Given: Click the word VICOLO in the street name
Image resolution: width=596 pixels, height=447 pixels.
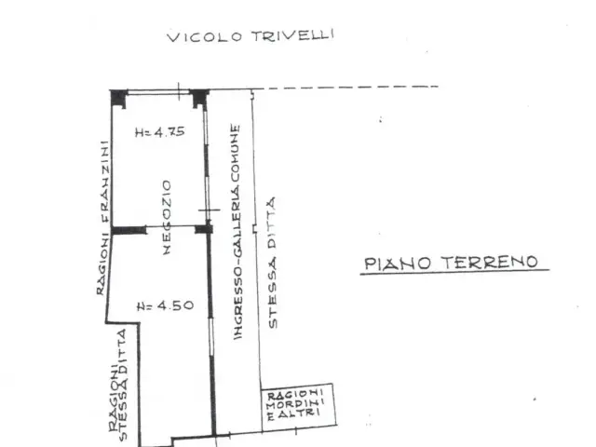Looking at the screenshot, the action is (204, 37).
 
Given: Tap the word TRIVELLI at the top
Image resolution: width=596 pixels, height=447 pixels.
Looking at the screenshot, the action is (291, 35).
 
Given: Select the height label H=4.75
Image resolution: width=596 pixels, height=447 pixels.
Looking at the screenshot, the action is (160, 131).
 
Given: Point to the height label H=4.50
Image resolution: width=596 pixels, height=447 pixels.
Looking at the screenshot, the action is (165, 305).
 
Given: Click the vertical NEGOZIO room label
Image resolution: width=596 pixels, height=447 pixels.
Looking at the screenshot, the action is (167, 217).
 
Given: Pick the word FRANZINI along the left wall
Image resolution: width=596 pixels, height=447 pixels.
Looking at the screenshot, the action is (104, 182).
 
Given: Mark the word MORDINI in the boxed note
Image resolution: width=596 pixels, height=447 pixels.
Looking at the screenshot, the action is (295, 403).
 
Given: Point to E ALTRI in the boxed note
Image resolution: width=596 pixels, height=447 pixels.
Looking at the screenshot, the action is (291, 413).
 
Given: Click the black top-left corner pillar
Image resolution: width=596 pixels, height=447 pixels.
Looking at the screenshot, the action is (118, 99).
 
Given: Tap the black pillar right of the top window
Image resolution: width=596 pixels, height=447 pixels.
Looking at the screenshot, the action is (199, 99).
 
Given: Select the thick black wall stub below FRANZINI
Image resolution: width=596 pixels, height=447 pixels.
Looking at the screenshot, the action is (129, 230).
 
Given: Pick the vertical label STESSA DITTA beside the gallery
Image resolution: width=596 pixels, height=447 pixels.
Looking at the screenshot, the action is (273, 263).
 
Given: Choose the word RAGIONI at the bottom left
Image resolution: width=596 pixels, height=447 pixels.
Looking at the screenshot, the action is (114, 398).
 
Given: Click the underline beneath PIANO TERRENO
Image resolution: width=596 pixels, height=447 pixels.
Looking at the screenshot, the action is (454, 272).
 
